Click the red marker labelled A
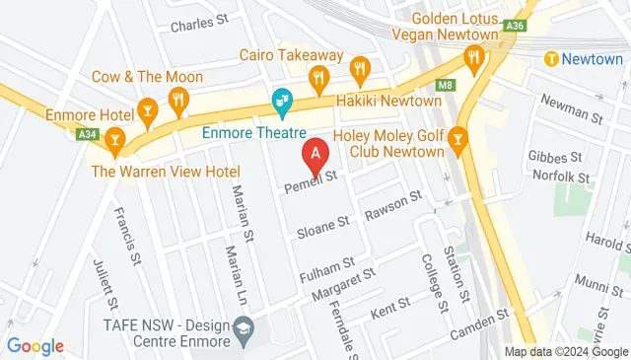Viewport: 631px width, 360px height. coord(315,155)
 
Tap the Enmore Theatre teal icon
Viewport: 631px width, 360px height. coord(282,101)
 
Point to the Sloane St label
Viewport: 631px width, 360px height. coord(323,228)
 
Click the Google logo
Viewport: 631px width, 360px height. coord(35,345)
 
